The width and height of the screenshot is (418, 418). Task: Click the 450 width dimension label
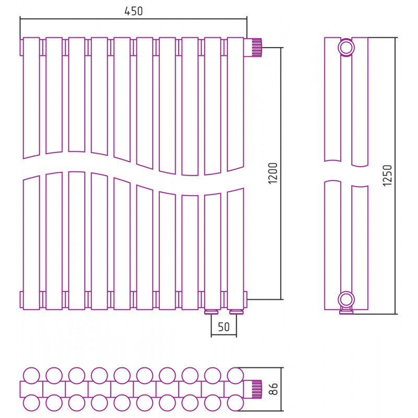point(134,11)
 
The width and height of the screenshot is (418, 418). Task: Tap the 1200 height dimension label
point(273,173)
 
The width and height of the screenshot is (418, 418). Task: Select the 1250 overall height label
point(387,176)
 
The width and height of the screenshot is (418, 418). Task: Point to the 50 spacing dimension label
point(224,327)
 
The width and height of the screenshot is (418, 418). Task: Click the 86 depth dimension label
point(273,389)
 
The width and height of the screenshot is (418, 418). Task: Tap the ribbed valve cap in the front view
point(257,48)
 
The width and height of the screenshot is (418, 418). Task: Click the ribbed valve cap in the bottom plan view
point(257,389)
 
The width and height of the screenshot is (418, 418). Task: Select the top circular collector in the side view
point(346,48)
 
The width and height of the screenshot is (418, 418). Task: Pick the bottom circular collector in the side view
point(346,299)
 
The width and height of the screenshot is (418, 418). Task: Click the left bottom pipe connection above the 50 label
point(212,312)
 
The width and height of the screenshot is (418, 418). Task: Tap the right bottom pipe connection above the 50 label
point(236,312)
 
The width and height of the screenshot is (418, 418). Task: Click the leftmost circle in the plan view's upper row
point(31,376)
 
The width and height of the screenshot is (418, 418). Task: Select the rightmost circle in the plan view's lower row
point(236,403)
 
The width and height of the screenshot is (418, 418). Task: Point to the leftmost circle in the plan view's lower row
point(31,403)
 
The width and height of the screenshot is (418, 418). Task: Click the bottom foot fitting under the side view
point(346,311)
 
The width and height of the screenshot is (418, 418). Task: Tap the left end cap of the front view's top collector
point(21,48)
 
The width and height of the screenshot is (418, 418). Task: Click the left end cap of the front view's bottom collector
point(21,299)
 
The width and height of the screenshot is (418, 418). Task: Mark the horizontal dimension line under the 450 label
point(133,19)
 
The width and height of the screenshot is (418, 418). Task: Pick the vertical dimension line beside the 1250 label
point(396,176)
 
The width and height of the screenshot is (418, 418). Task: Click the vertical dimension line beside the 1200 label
point(281,173)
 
